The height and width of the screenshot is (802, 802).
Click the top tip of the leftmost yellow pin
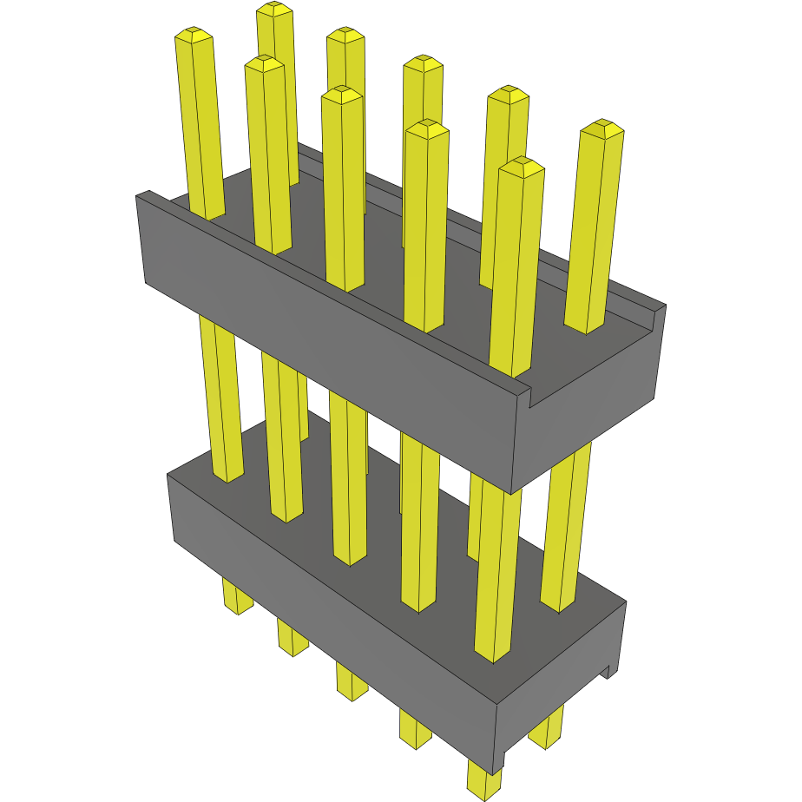[194, 36]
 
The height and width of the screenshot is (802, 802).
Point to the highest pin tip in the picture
[275, 10]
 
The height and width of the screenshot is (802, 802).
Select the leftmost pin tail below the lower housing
[236, 598]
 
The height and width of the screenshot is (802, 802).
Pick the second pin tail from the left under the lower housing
[293, 639]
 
